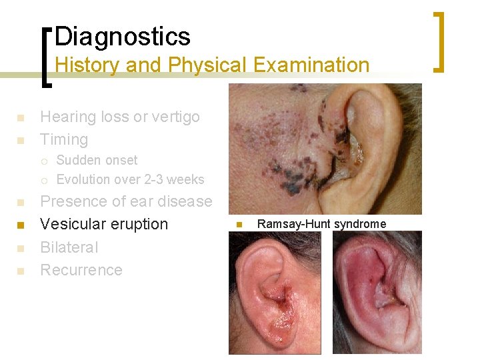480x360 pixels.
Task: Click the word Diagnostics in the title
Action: [123, 36]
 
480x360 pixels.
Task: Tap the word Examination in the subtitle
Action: [314, 65]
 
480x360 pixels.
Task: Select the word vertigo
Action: [175, 117]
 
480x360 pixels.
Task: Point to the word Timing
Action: [64, 140]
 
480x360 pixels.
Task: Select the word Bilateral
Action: [69, 247]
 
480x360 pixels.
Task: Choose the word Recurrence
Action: [81, 270]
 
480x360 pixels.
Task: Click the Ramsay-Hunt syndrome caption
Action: [321, 224]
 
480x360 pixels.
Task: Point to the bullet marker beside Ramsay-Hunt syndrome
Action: [238, 225]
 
